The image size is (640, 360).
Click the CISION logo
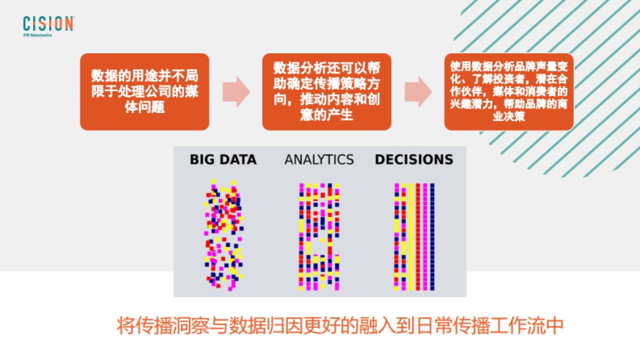click(x=48, y=23)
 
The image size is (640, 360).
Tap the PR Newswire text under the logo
click(x=37, y=35)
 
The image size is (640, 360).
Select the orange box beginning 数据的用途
click(x=145, y=91)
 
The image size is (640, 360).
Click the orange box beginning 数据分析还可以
click(x=326, y=91)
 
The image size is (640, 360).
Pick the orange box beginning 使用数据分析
click(x=508, y=91)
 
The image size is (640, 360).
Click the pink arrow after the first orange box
click(x=235, y=92)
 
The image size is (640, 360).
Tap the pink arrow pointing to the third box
click(x=418, y=92)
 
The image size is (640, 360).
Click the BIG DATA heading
click(x=223, y=159)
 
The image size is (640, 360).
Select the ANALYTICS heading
click(x=319, y=159)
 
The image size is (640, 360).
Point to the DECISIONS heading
click(x=414, y=159)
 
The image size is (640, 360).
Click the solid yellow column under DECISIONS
click(x=411, y=237)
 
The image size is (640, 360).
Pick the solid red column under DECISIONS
click(x=418, y=237)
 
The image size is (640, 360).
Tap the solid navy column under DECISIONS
click(x=432, y=237)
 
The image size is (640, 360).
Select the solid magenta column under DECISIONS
click(x=425, y=237)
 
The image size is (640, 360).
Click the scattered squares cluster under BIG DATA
click(x=223, y=235)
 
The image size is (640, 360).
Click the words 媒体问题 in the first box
click(x=144, y=107)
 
